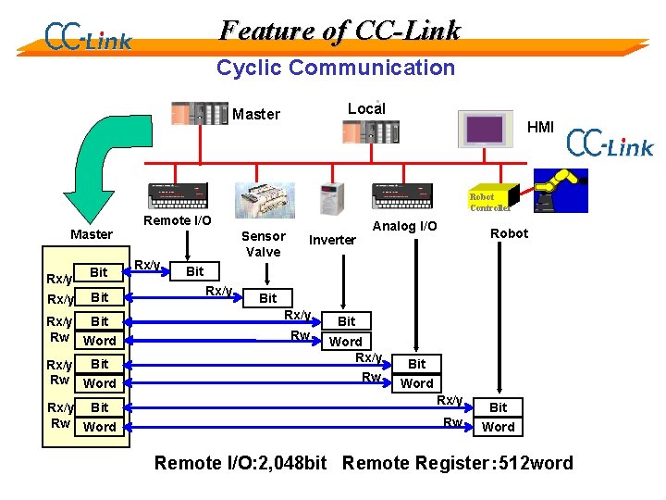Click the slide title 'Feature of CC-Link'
[x=339, y=31]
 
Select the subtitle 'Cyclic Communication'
[x=335, y=68]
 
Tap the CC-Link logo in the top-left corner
[x=88, y=37]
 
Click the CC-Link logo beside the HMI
[x=610, y=144]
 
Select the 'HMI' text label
[x=540, y=127]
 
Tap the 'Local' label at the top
[x=365, y=108]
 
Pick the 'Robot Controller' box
[x=481, y=202]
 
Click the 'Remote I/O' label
[x=177, y=220]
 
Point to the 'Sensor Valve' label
[x=264, y=244]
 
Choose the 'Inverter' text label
[x=332, y=240]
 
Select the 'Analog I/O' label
[x=404, y=225]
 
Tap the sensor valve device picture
[x=265, y=199]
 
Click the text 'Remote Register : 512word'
[x=457, y=463]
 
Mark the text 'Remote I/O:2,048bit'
[x=240, y=463]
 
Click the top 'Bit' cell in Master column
[x=99, y=272]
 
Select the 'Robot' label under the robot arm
[x=509, y=233]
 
